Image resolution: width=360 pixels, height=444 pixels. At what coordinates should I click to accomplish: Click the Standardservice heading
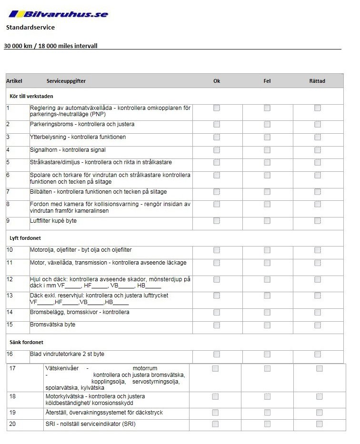coord(30,28)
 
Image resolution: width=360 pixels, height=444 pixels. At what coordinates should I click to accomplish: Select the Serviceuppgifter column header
coord(66,81)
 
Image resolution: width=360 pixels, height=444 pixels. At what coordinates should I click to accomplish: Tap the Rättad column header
coord(317,81)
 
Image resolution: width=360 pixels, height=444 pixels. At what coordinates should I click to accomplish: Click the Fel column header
coord(267,81)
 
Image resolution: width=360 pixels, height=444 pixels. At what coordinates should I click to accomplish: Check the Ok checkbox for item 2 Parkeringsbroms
coord(217,125)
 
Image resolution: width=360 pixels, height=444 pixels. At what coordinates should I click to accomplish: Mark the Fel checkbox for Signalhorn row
coord(267,150)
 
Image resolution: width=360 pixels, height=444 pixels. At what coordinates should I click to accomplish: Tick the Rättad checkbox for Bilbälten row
coord(318,192)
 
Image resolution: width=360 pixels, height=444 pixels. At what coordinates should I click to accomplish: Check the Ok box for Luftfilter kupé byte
coord(217,221)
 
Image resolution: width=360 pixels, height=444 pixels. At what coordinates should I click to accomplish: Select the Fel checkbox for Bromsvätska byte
coord(267,326)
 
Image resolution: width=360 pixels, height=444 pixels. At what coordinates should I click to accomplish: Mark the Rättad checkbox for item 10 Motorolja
coord(318,250)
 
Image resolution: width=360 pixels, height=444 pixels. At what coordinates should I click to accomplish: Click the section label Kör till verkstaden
coord(31,96)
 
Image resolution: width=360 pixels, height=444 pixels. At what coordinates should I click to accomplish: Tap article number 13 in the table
coord(10,296)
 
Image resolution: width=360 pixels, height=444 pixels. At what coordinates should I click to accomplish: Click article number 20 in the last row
coord(13,424)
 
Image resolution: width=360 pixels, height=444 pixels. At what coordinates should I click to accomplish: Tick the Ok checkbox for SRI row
coord(215,424)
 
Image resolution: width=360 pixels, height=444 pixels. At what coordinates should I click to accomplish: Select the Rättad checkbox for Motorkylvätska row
coord(319,397)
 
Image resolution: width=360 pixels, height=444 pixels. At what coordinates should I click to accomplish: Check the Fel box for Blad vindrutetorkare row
coord(267,355)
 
